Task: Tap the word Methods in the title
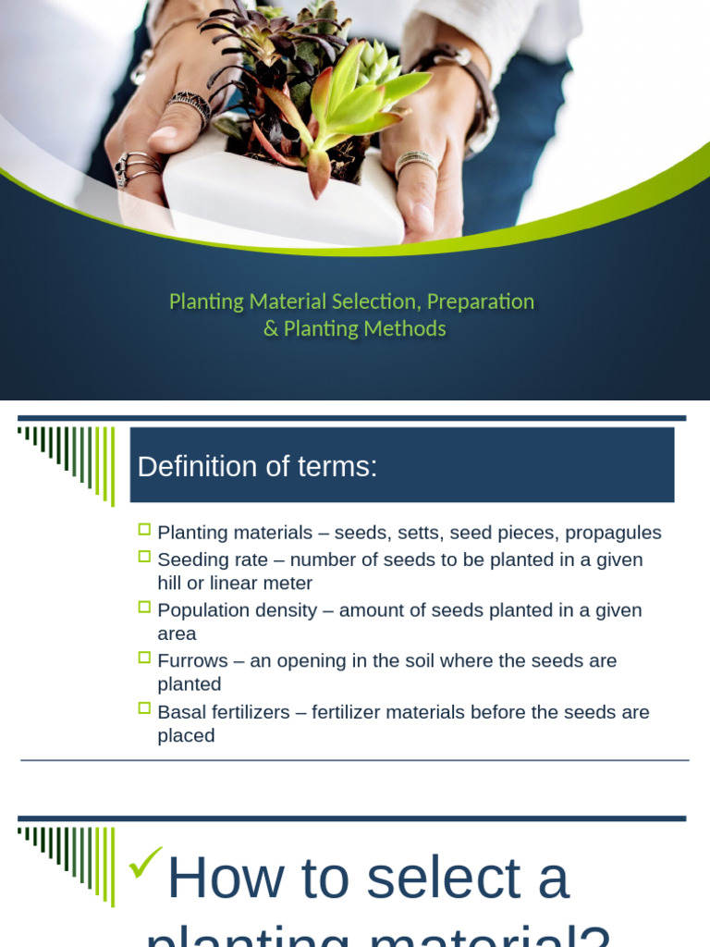406,328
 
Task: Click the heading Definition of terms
257,467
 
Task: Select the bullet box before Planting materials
144,530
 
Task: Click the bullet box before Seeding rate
144,557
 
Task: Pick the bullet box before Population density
144,608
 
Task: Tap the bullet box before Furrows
144,658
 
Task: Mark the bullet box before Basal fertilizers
144,708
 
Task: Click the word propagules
613,533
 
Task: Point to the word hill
173,584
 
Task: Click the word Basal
182,712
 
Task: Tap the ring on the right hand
416,165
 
